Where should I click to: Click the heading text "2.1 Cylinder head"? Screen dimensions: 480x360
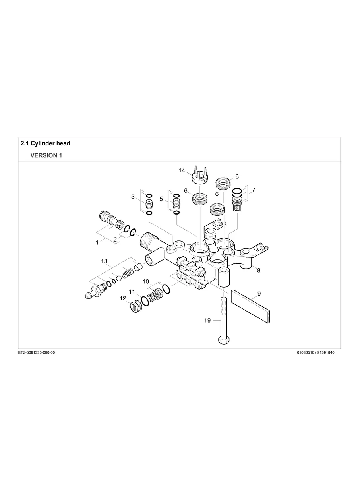(45, 143)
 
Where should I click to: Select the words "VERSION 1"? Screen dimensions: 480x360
(46, 155)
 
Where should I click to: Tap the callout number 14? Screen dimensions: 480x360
(182, 170)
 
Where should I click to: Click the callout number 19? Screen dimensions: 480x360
(207, 321)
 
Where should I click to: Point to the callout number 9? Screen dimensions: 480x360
(259, 294)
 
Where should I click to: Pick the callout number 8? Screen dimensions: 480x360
(259, 270)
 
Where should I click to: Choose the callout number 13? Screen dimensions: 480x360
(104, 261)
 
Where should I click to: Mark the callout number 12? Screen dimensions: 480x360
(123, 298)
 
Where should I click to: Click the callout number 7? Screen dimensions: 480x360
(253, 190)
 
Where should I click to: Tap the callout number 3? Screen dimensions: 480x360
(133, 197)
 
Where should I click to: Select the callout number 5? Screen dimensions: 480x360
(161, 198)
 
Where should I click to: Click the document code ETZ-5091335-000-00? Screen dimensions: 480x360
(37, 353)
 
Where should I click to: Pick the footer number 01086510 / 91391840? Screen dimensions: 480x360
(315, 353)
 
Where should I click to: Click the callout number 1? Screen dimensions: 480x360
(97, 242)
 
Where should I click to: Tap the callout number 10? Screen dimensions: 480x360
(145, 281)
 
